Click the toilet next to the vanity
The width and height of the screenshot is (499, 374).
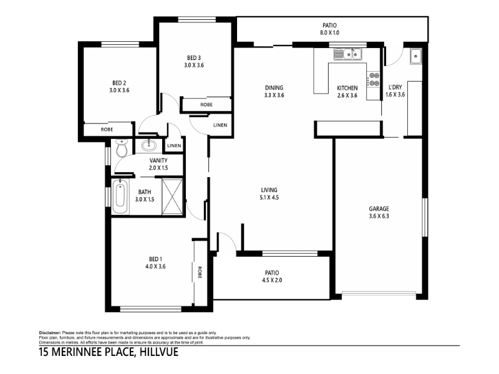click(x=121, y=148)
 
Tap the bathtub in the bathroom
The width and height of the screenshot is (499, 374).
click(x=120, y=197)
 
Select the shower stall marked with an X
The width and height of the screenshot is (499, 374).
click(x=172, y=197)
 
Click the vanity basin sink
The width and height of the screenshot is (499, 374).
click(x=148, y=145)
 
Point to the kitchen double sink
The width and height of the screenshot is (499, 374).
click(x=347, y=54)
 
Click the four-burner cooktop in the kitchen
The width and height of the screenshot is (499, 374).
click(x=373, y=79)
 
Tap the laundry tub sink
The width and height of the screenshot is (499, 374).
click(x=415, y=56)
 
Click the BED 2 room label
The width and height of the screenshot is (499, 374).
click(x=119, y=83)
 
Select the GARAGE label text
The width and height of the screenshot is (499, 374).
click(x=379, y=209)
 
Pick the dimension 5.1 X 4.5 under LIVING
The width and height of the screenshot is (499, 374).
click(x=269, y=198)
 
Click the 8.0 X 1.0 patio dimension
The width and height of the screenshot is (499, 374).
click(x=329, y=32)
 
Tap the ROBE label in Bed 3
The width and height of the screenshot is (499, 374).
click(x=206, y=105)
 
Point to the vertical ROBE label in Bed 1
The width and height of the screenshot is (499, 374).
click(x=200, y=272)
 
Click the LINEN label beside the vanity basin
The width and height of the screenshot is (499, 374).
click(x=174, y=146)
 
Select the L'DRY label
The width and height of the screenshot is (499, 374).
click(x=395, y=87)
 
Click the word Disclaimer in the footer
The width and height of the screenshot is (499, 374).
click(x=50, y=333)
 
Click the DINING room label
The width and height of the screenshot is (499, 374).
click(x=274, y=88)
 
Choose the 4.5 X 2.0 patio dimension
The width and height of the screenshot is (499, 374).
click(x=272, y=280)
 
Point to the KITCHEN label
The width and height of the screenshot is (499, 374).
click(x=347, y=88)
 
